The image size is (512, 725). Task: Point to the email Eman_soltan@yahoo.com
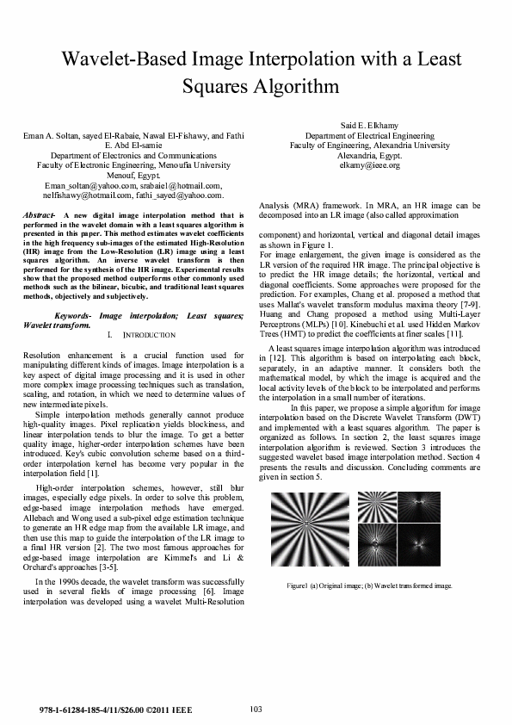tap(83, 184)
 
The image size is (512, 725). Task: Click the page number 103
tap(256, 709)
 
